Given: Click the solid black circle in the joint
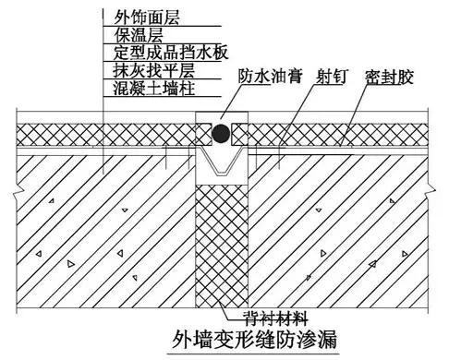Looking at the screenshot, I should coord(221,135).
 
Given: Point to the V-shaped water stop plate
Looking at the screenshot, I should coord(221,167).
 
